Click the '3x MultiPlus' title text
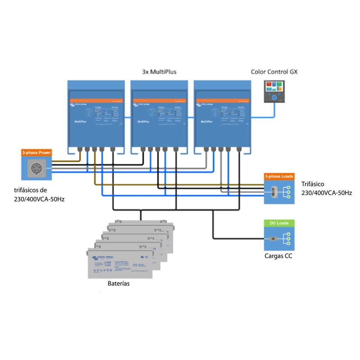pyautogui.click(x=159, y=72)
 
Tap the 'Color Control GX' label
pyautogui.click(x=274, y=72)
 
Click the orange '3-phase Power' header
pyautogui.click(x=37, y=153)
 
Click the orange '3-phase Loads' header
pyautogui.click(x=279, y=176)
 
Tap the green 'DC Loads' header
pyautogui.click(x=279, y=223)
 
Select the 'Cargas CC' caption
pyautogui.click(x=278, y=256)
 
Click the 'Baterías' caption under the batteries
pyautogui.click(x=118, y=283)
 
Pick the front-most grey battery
pyautogui.click(x=120, y=264)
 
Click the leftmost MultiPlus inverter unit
pyautogui.click(x=96, y=114)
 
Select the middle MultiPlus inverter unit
pyautogui.click(x=159, y=114)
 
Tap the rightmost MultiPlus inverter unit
pyautogui.click(x=222, y=114)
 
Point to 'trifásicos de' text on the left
pyautogui.click(x=31, y=190)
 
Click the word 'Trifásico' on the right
pyautogui.click(x=313, y=184)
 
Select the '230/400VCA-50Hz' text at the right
pyautogui.click(x=327, y=193)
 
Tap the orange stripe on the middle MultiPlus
pyautogui.click(x=159, y=101)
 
